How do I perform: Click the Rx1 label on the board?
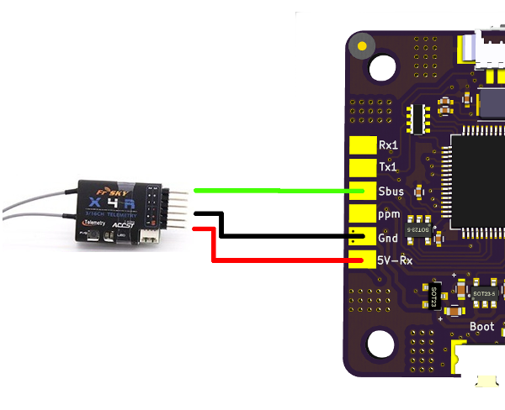coord(388,145)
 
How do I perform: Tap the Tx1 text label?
coord(388,167)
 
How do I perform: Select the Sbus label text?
coord(391,191)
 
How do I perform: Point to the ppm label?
coord(389,214)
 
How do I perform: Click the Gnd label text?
coord(389,238)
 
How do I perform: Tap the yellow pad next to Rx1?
coord(362,145)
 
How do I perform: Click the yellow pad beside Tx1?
coord(362,168)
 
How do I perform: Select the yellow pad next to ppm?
coord(362,214)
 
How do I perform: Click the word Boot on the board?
coord(482,327)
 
